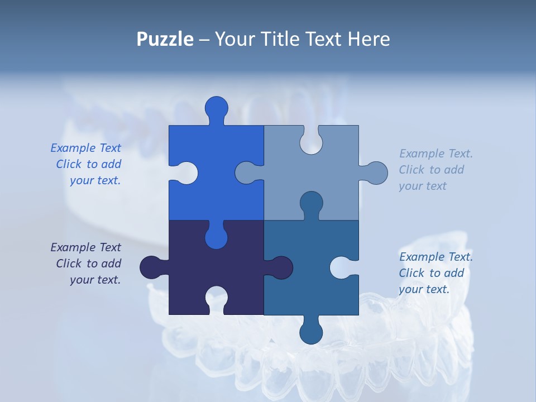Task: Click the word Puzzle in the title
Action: point(165,39)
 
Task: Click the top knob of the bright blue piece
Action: point(217,108)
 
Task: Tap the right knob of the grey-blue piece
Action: point(375,173)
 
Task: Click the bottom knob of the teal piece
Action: point(311,331)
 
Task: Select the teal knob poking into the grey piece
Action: point(311,203)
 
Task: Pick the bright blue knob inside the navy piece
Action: point(217,237)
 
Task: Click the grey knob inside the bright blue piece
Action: point(247,173)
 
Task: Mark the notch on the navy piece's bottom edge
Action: point(217,298)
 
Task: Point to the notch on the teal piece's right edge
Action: point(343,267)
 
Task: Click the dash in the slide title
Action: point(204,39)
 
